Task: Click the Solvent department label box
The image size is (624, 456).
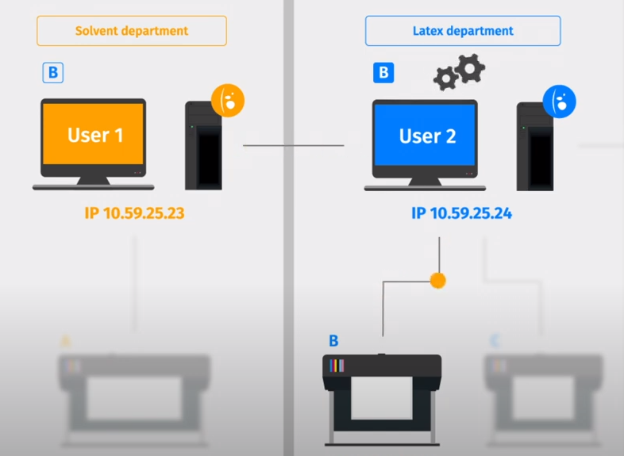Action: [x=132, y=31]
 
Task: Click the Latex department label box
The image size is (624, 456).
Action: [x=463, y=31]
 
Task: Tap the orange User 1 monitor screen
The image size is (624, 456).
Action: [x=94, y=135]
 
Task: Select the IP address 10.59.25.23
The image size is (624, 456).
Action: [x=134, y=213]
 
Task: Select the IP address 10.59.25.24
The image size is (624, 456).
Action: [x=466, y=213]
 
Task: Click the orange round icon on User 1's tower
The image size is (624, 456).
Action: [x=228, y=100]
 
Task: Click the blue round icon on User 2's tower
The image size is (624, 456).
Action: [x=559, y=102]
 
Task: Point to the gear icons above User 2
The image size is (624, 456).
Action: [x=460, y=72]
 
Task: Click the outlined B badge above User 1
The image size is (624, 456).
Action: [x=52, y=74]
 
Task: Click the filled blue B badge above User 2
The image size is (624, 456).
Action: [x=383, y=74]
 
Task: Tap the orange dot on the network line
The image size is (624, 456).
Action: [x=437, y=280]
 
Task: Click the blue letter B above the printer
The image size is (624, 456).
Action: [x=333, y=341]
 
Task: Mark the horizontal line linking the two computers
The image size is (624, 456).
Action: [x=293, y=146]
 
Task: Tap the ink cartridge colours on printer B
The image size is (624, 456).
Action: [x=337, y=366]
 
